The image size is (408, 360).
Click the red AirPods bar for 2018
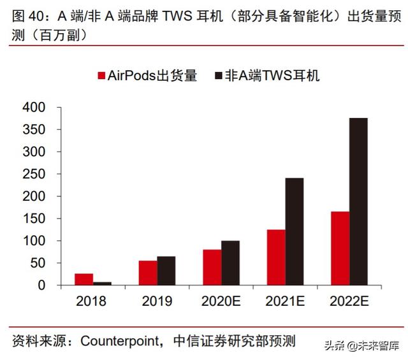84,279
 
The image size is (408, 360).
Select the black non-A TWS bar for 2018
102,283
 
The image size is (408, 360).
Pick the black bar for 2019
166,271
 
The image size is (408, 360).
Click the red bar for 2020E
212,267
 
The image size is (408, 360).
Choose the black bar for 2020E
230,263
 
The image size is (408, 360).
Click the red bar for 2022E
340,248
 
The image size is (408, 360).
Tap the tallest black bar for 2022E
359,201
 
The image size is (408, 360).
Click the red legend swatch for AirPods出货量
101,76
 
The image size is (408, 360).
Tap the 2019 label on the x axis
157,300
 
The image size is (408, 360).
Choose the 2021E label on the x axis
285,300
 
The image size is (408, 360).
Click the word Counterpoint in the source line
123,340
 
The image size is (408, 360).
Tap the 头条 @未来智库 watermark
363,345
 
